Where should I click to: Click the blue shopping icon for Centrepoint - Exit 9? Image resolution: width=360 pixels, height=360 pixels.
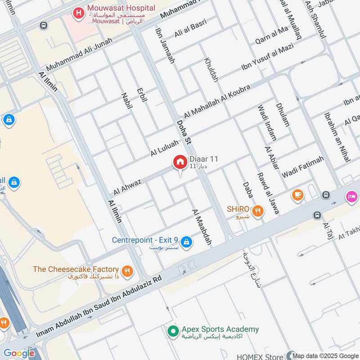(x=187, y=243)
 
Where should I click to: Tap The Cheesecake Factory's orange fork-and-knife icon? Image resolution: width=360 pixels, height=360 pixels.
(x=128, y=271)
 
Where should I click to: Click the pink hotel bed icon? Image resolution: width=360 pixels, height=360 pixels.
(x=351, y=197)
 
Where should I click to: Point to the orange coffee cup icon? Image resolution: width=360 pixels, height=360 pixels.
(x=297, y=195)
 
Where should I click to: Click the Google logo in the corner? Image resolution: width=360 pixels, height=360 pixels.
(x=18, y=353)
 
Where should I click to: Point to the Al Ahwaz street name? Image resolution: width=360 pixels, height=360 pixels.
(x=127, y=187)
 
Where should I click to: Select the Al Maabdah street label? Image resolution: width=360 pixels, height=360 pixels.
(x=202, y=227)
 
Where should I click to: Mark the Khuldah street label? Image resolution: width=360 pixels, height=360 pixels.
(x=211, y=70)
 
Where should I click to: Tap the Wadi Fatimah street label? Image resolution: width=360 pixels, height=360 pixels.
(x=303, y=167)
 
